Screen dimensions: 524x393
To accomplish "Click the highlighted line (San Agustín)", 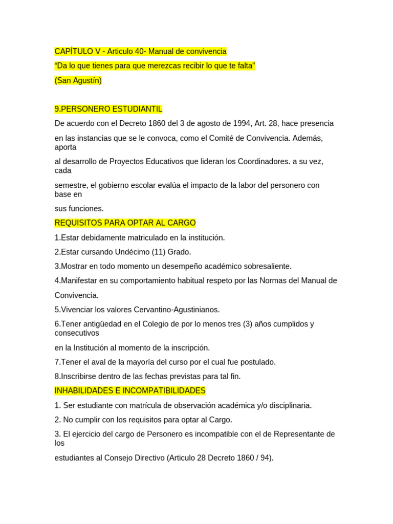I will coord(78,80).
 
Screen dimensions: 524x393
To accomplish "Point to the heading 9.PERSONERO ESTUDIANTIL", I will coord(108,109).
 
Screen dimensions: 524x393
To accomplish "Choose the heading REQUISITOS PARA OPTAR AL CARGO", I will coord(125,223).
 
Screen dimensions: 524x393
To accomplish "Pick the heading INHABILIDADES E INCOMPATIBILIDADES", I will coord(130,391).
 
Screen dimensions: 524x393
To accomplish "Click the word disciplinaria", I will coord(288,405).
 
